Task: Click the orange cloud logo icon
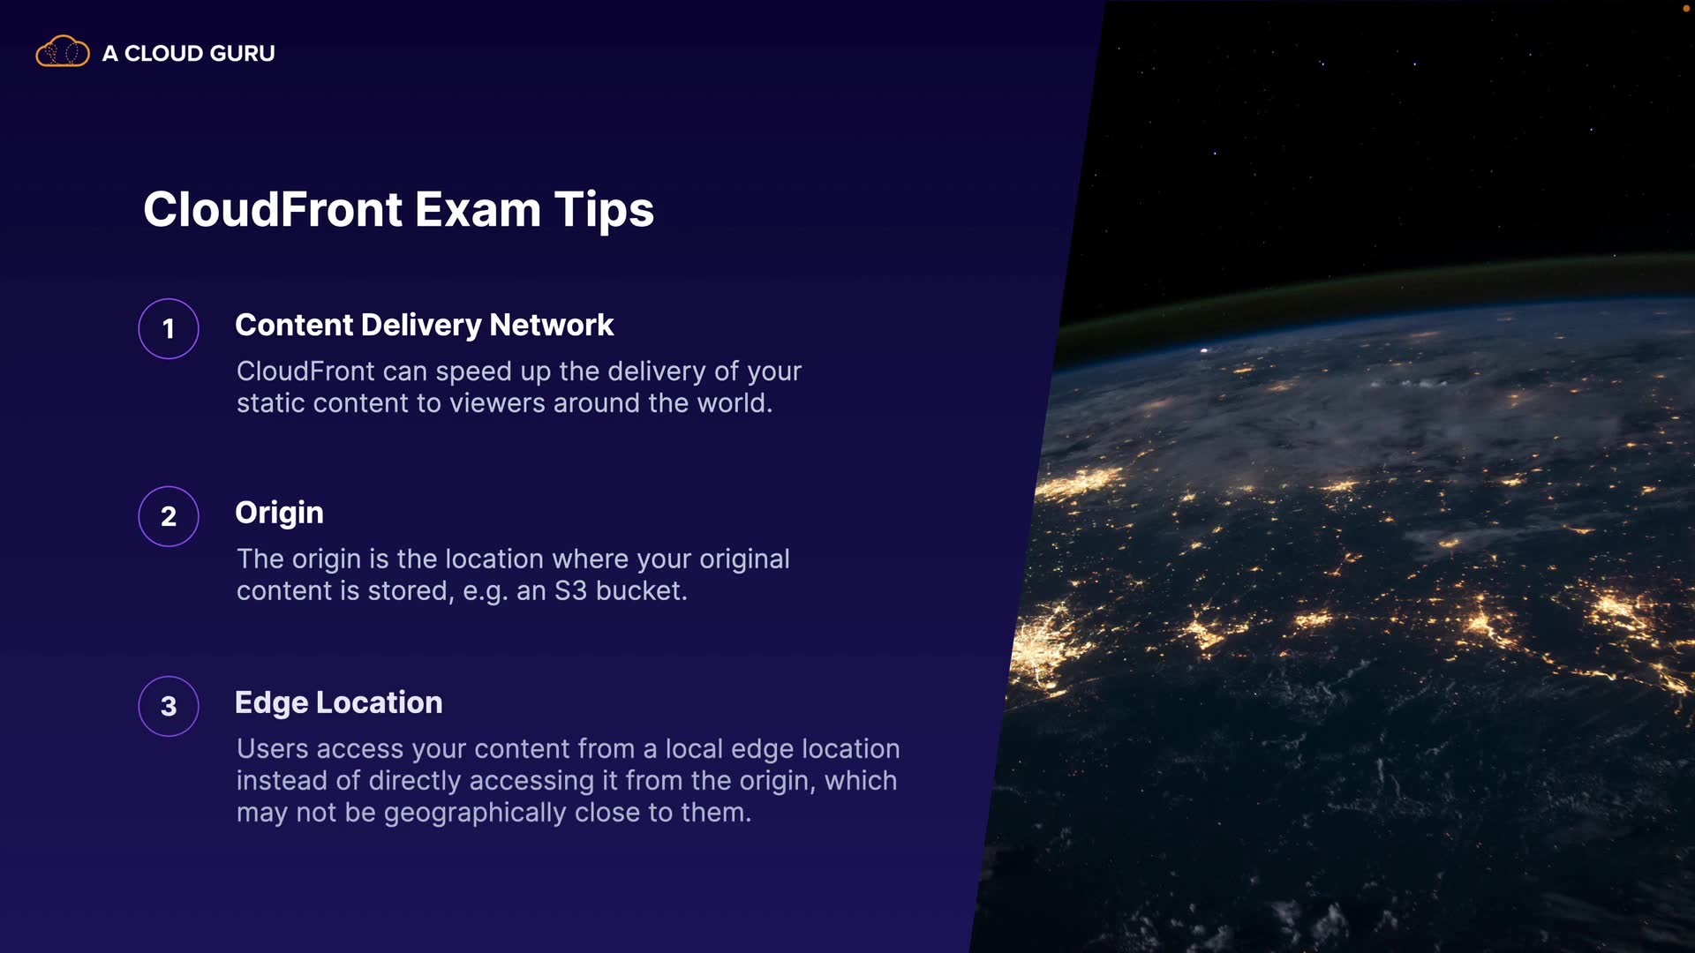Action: (x=62, y=51)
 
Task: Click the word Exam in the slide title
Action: (x=478, y=210)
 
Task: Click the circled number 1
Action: (x=169, y=329)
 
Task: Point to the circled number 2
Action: (x=169, y=516)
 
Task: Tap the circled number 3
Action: (x=169, y=706)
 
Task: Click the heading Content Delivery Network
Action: (x=424, y=326)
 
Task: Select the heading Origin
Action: (x=279, y=514)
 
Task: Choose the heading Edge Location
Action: (x=339, y=702)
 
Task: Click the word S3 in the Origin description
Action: (x=570, y=590)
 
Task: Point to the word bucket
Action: (x=641, y=590)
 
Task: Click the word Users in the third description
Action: (x=272, y=749)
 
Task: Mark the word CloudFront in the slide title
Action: (x=273, y=210)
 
